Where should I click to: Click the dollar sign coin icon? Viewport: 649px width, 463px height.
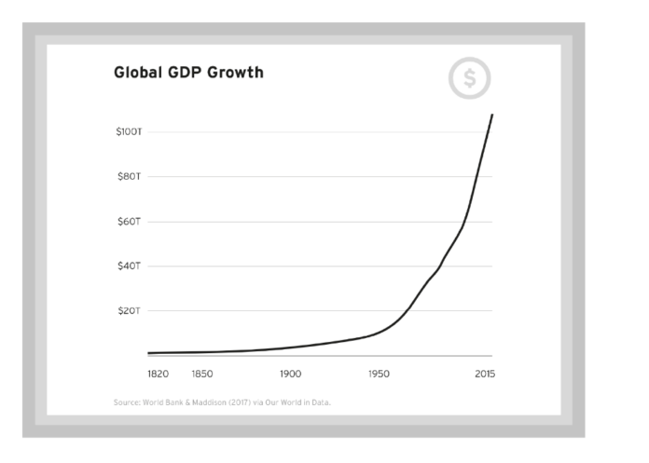(x=470, y=80)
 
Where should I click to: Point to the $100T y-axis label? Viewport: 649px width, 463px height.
(x=129, y=132)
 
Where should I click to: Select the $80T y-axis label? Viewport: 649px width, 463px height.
(x=129, y=177)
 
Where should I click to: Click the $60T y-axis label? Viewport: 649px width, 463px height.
(x=129, y=222)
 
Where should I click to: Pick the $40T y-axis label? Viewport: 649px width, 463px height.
(x=129, y=266)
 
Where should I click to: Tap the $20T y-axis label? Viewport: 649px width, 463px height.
(x=129, y=311)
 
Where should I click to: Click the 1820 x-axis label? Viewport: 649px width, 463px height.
(x=158, y=374)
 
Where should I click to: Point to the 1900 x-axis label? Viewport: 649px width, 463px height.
(x=290, y=374)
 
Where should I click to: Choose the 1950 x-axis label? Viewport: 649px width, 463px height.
(x=379, y=374)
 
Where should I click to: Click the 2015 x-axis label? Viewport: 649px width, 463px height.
(x=484, y=374)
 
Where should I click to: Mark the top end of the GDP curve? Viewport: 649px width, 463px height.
(x=492, y=115)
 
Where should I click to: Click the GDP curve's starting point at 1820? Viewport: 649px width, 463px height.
(x=149, y=353)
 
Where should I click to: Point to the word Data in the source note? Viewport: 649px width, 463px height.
(x=322, y=402)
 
